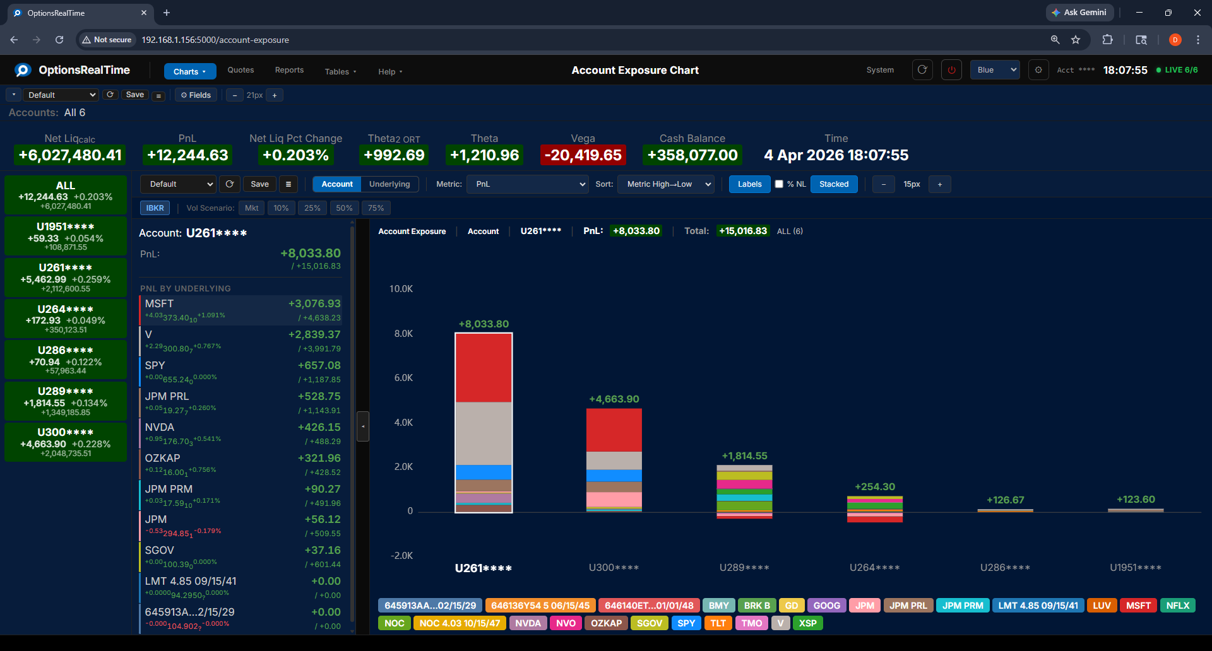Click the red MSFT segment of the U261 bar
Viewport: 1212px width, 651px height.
tap(484, 367)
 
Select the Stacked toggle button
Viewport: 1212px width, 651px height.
tap(833, 184)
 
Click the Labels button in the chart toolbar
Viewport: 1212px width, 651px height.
tap(749, 184)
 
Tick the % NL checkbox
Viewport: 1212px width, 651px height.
tap(779, 184)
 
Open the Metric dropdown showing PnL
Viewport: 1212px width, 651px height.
tap(528, 184)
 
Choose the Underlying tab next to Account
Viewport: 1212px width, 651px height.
tap(389, 184)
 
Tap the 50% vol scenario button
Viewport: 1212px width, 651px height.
tap(344, 208)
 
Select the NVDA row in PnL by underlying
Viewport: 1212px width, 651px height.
tap(241, 433)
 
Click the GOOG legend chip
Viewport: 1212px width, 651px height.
tap(826, 606)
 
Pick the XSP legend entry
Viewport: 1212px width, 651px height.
tap(807, 623)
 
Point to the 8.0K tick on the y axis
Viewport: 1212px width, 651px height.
tap(403, 334)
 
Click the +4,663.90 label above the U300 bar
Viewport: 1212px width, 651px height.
tap(614, 399)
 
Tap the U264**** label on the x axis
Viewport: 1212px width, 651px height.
tap(874, 568)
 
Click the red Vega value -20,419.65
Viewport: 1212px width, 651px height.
tap(583, 155)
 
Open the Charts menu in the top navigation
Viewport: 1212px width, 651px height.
tap(189, 71)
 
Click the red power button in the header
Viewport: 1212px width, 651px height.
tap(951, 70)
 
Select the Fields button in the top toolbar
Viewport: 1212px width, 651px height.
tap(196, 95)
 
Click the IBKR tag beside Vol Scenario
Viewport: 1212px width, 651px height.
tap(155, 208)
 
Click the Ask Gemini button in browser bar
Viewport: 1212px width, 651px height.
tap(1079, 13)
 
